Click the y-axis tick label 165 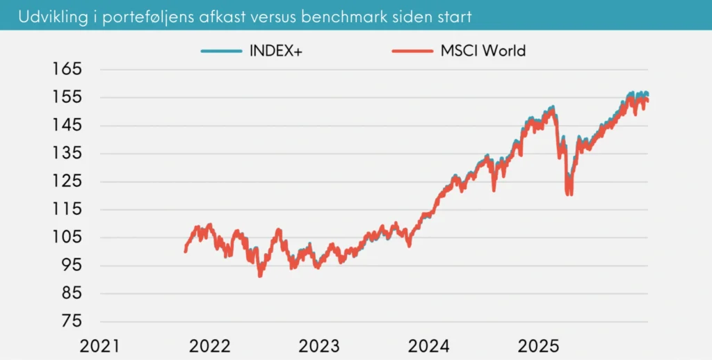click(x=67, y=69)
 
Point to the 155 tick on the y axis click(x=67, y=97)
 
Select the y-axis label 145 click(x=67, y=125)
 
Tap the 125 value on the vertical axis click(x=67, y=181)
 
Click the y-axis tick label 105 click(x=67, y=237)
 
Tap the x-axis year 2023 click(x=319, y=345)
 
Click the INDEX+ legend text click(x=277, y=51)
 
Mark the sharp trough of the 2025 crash click(x=569, y=193)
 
